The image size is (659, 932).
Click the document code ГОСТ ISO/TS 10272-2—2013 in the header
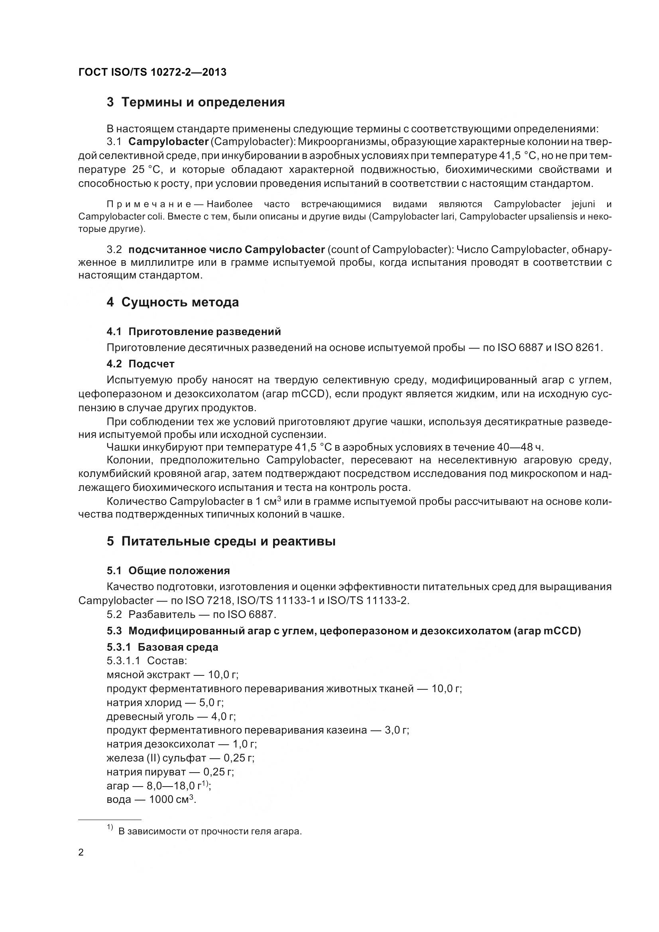152,72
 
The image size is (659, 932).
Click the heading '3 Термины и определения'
196,102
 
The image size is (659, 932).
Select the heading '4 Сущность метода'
173,302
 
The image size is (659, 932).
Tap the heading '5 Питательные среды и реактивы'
221,541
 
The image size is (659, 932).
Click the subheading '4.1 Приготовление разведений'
194,332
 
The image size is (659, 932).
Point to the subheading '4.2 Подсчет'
140,364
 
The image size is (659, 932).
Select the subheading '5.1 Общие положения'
168,571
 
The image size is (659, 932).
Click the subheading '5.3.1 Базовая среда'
162,647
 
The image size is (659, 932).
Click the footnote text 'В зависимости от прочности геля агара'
210,831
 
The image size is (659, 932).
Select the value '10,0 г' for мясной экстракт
223,675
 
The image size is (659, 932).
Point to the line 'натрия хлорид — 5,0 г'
165,702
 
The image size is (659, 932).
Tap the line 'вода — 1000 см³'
151,800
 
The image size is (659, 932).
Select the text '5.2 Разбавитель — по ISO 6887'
191,614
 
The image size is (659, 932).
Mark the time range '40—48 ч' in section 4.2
520,447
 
